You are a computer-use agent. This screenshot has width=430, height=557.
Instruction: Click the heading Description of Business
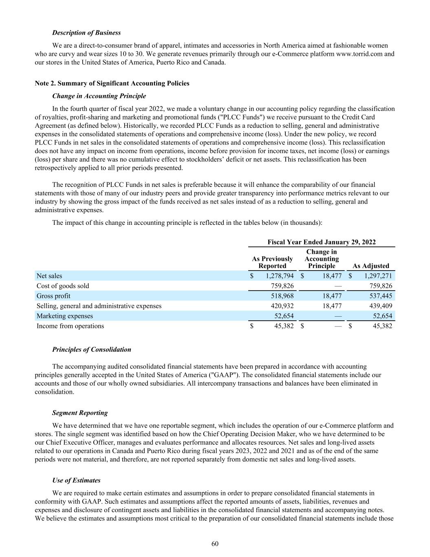tap(86, 33)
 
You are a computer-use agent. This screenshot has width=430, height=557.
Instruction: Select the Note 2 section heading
tap(112, 83)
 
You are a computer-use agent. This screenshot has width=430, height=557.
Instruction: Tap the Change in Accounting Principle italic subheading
tap(99, 96)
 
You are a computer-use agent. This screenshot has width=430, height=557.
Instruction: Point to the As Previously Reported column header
tap(272, 262)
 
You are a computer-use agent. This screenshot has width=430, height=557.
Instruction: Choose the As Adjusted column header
tap(370, 266)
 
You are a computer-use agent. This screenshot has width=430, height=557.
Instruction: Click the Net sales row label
tap(49, 276)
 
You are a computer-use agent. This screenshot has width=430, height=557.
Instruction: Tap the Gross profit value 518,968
tap(282, 296)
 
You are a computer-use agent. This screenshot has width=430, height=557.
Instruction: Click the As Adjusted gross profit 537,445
tap(380, 296)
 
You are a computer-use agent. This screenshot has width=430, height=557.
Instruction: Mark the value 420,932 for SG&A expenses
tap(282, 306)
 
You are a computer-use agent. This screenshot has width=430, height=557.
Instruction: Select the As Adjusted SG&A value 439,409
tap(380, 306)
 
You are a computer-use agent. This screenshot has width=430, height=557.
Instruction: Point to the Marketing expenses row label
tap(65, 316)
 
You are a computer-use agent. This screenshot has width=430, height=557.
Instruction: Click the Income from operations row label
tap(70, 326)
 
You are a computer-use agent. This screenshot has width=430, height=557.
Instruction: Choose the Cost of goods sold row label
tap(63, 286)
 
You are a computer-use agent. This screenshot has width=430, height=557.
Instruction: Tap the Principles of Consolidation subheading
tap(92, 349)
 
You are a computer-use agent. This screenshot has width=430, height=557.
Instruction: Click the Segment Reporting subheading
tap(80, 413)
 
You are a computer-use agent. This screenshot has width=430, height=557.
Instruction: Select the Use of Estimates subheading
tap(76, 480)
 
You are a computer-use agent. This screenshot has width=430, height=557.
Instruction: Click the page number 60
tap(215, 544)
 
